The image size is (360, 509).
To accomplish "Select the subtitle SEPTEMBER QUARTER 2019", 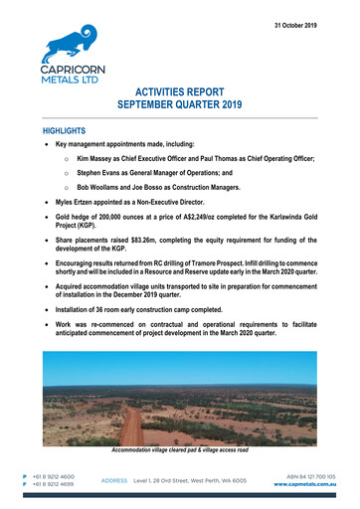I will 180,103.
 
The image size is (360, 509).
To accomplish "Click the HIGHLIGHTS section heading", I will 65,130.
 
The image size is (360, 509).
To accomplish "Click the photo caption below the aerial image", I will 180,452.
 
